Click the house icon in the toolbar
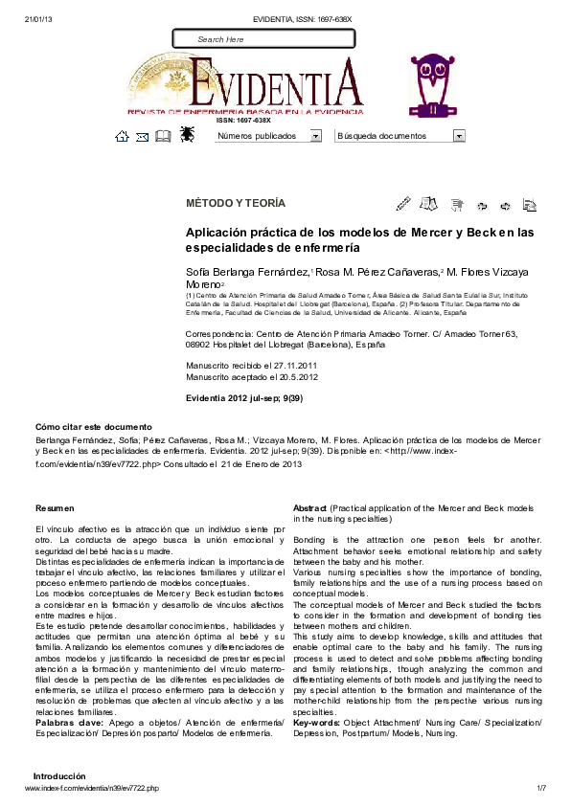[122, 136]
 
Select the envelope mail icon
[142, 137]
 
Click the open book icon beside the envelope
[163, 136]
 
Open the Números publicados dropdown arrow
[315, 136]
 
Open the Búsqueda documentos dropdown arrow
[459, 136]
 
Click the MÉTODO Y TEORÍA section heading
[235, 204]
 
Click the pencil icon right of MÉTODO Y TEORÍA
[403, 204]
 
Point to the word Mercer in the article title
[428, 233]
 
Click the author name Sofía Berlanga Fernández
[246, 273]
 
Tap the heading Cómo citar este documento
[94, 426]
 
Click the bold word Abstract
[311, 507]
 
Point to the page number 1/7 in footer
[540, 788]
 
